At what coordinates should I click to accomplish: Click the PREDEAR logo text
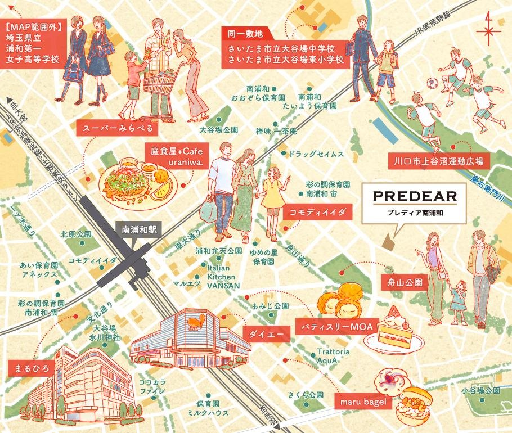[x=410, y=197]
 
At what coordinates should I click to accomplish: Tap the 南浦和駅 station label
[x=138, y=229]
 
